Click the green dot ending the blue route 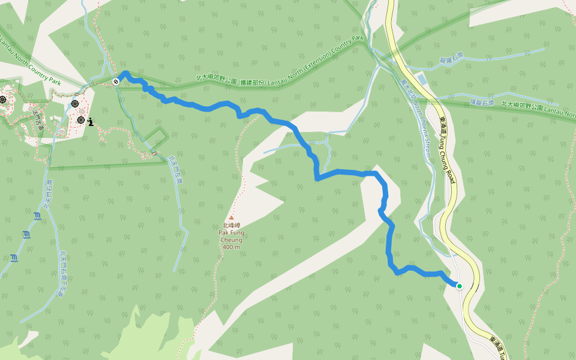(460, 286)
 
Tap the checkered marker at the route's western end (116, 81)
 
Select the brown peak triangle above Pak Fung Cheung (231, 218)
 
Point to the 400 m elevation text (231, 247)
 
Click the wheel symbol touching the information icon (81, 120)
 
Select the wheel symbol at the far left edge (2, 99)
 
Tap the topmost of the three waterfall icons (37, 216)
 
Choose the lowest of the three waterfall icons (13, 258)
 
